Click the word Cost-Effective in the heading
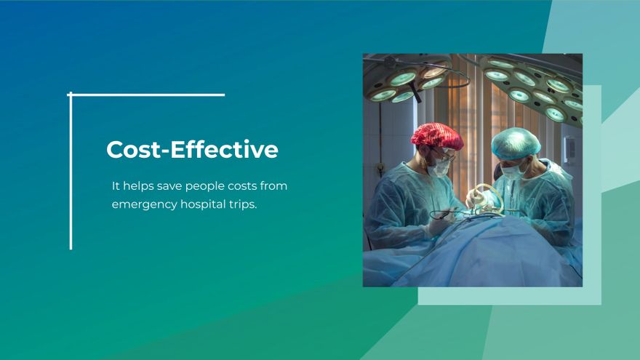(x=192, y=149)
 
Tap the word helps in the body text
(x=138, y=185)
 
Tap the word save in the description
(x=169, y=186)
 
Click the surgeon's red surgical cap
(x=436, y=136)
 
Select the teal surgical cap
(x=516, y=143)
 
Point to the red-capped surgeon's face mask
(x=439, y=167)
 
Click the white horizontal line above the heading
(x=146, y=95)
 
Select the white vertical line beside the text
(x=71, y=171)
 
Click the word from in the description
(x=273, y=185)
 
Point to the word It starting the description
(x=116, y=185)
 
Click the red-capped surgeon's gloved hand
(x=439, y=224)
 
